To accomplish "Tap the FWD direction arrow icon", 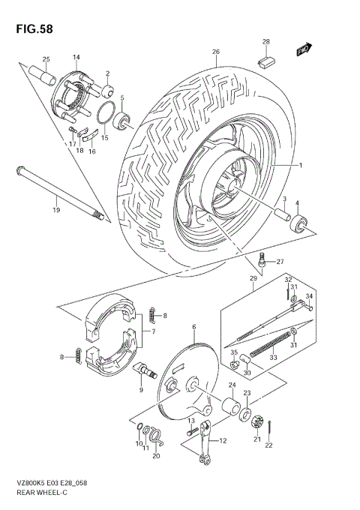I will tap(303, 50).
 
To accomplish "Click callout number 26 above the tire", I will tap(215, 52).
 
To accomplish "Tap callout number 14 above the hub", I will tap(76, 57).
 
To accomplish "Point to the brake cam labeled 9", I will tap(143, 370).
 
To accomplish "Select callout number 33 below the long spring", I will tap(272, 358).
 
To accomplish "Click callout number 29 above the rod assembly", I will tap(253, 278).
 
